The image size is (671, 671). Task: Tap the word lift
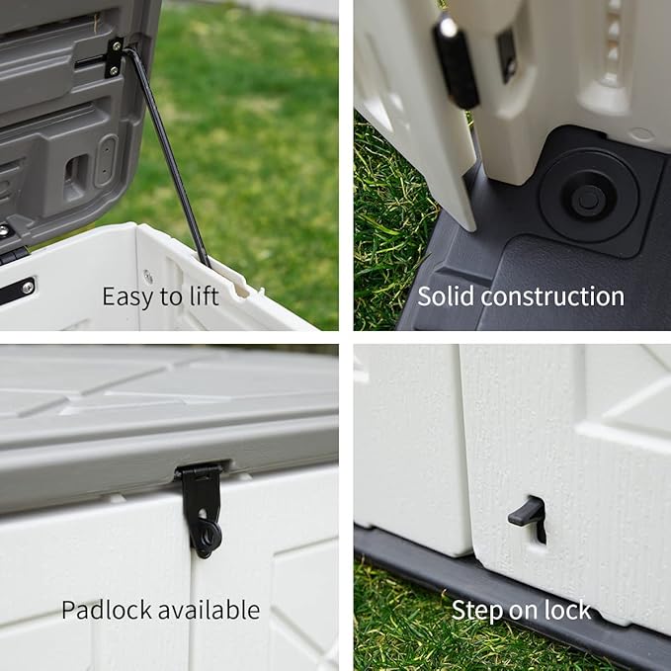click(202, 295)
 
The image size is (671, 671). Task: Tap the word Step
click(475, 610)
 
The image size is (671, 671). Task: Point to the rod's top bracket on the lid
click(115, 56)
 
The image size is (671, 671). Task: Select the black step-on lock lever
click(528, 513)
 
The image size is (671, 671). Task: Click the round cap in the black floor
click(588, 197)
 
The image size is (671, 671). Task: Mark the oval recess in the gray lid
click(106, 160)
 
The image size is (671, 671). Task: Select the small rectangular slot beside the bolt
click(506, 53)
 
